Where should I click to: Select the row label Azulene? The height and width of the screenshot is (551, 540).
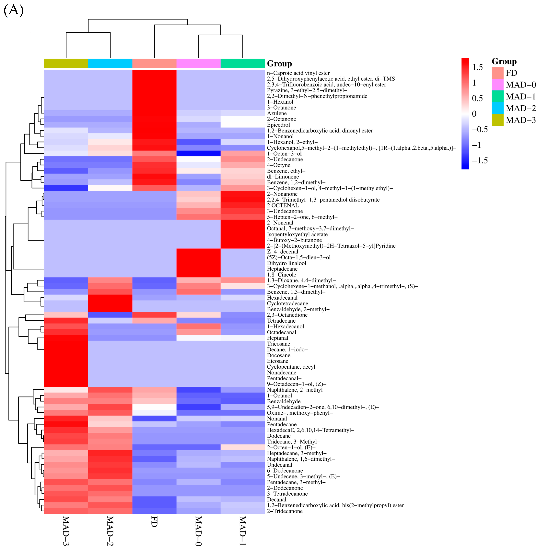pyautogui.click(x=277, y=113)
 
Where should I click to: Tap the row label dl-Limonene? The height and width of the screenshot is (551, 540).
pyautogui.click(x=283, y=177)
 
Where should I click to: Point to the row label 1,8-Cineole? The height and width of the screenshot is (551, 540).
pyautogui.click(x=281, y=274)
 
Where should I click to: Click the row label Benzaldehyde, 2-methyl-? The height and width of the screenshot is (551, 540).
pyautogui.click(x=298, y=309)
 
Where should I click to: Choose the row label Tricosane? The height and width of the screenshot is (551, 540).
pyautogui.click(x=279, y=344)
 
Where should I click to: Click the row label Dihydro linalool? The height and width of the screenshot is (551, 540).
pyautogui.click(x=286, y=263)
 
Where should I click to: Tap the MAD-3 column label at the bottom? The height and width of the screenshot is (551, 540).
pyautogui.click(x=66, y=531)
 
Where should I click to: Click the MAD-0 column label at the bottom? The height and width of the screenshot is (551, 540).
pyautogui.click(x=198, y=531)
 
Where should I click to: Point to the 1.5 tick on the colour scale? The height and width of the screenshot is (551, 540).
pyautogui.click(x=477, y=67)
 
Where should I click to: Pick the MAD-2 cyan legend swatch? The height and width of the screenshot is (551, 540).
pyautogui.click(x=497, y=108)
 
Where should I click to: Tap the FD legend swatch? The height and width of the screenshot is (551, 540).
pyautogui.click(x=497, y=73)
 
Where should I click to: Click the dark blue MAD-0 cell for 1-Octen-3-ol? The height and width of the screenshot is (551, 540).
pyautogui.click(x=198, y=154)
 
